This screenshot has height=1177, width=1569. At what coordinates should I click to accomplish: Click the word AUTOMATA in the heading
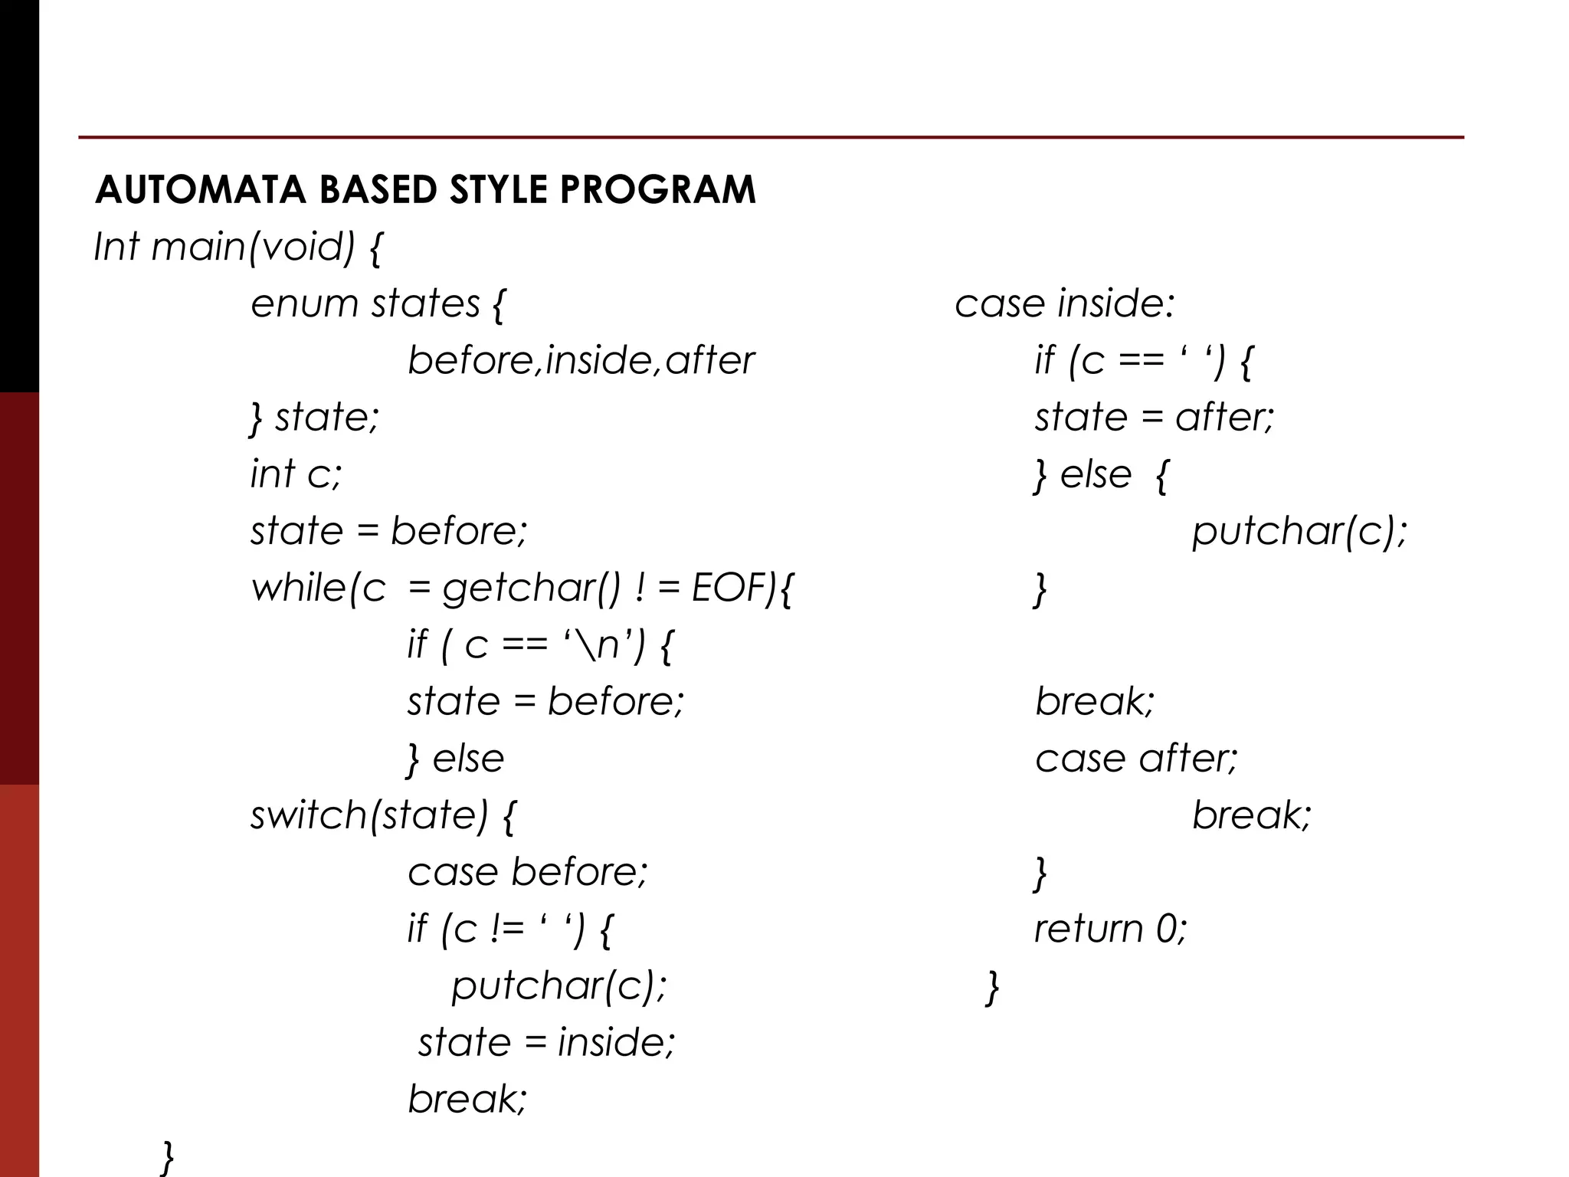point(200,190)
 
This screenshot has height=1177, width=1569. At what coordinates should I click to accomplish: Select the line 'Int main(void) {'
point(237,248)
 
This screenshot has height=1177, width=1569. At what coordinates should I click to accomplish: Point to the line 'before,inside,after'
point(581,360)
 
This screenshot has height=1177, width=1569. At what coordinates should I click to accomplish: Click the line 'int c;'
point(296,474)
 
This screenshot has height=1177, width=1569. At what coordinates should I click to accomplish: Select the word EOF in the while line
point(733,588)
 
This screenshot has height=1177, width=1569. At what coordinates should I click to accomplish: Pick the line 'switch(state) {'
point(384,815)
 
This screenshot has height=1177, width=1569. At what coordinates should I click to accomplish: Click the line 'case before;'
point(527,872)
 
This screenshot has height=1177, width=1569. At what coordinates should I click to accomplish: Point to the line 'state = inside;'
point(546,1042)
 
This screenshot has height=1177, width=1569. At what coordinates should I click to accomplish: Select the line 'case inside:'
point(1064,304)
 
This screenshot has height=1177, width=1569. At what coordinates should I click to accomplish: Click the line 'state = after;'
point(1154,418)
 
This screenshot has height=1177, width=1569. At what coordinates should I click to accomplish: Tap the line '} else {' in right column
point(1100,475)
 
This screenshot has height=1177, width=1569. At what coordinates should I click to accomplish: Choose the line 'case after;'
point(1136,759)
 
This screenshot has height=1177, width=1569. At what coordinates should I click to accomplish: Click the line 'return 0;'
point(1110,929)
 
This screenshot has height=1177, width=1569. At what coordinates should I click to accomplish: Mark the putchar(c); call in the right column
point(1299,531)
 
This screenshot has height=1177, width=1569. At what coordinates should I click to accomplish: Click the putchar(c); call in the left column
point(558,985)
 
